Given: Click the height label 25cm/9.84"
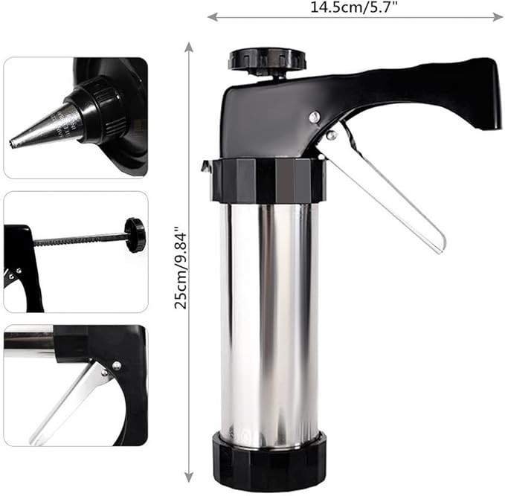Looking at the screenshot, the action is [x=180, y=267].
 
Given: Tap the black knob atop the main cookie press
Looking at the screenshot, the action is [x=267, y=59].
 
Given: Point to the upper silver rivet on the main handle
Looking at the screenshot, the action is [x=314, y=116].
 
